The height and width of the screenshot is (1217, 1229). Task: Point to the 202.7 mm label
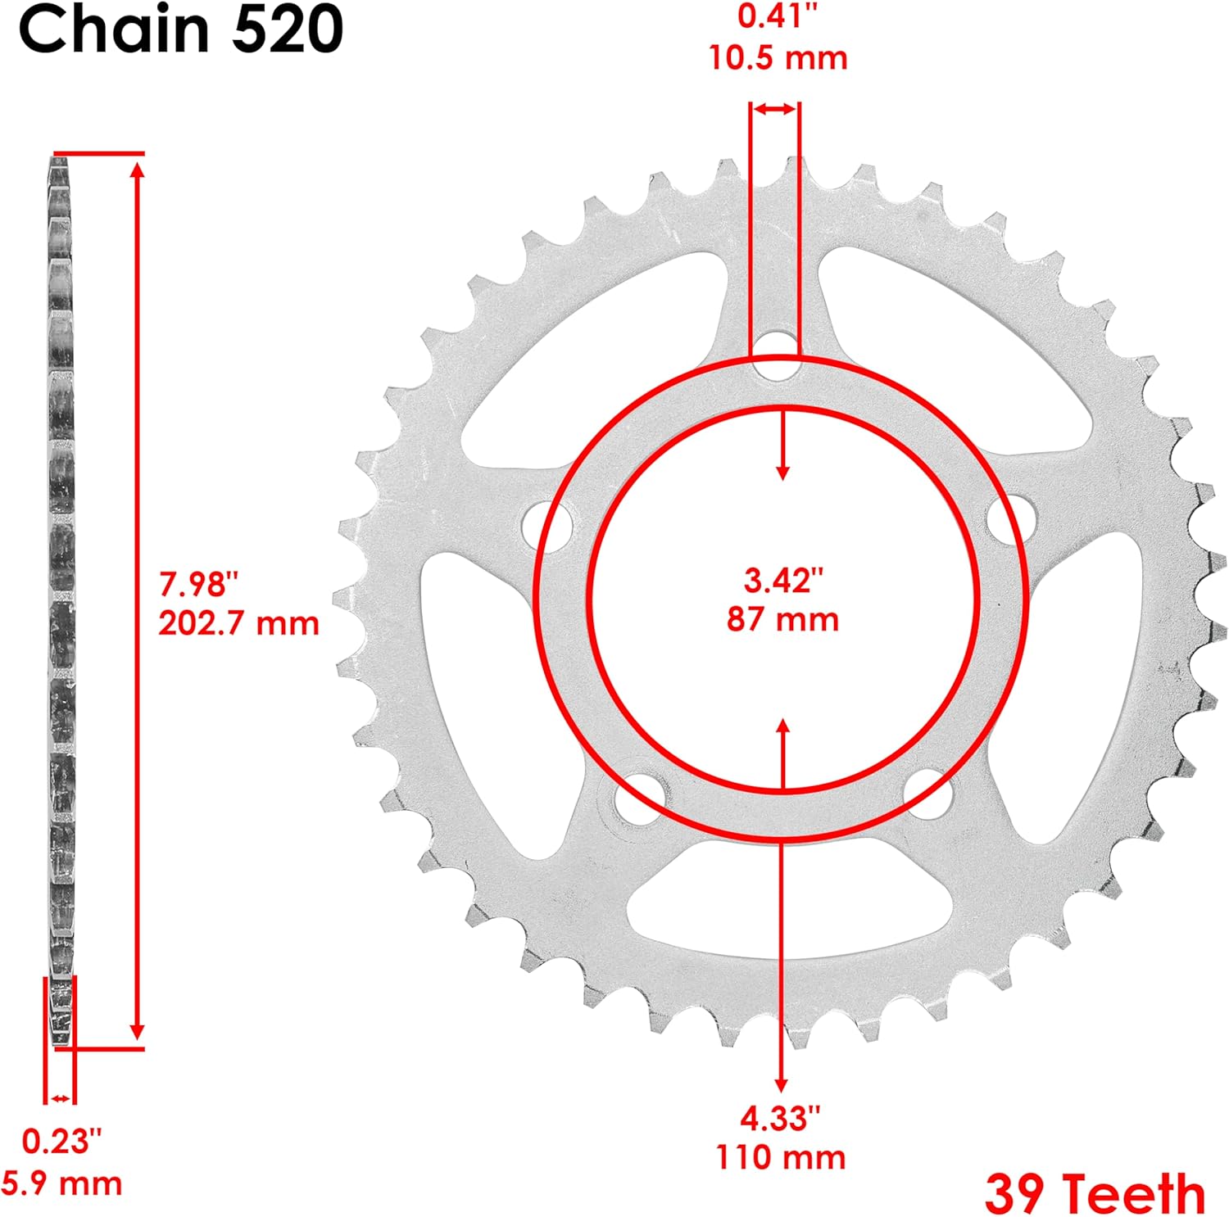pyautogui.click(x=238, y=624)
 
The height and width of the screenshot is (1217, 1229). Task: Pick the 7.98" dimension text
pyautogui.click(x=199, y=585)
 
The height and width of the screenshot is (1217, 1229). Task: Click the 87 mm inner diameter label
pyautogui.click(x=782, y=619)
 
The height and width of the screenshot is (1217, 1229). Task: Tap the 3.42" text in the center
pyautogui.click(x=782, y=580)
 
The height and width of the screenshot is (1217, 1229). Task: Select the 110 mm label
pyautogui.click(x=781, y=1157)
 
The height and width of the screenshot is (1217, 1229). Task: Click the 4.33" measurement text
pyautogui.click(x=780, y=1117)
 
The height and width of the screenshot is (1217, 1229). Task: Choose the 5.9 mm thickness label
pyautogui.click(x=61, y=1184)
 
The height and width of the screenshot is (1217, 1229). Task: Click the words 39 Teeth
pyautogui.click(x=1095, y=1193)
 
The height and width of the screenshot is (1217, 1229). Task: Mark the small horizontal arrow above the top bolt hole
pyautogui.click(x=774, y=109)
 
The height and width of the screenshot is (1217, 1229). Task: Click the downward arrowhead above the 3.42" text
pyautogui.click(x=783, y=472)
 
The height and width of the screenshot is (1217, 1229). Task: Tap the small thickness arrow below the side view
pyautogui.click(x=60, y=1098)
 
